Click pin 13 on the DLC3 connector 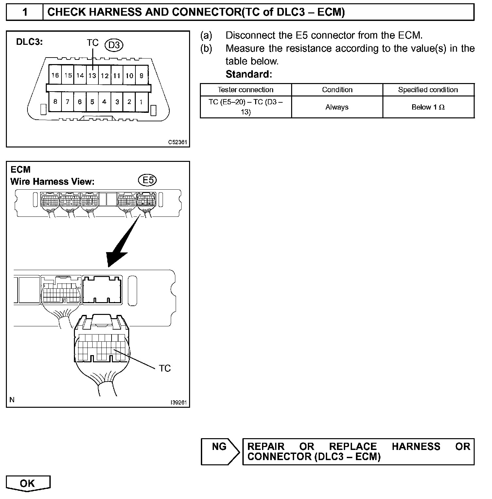(x=92, y=76)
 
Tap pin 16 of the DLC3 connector (x=55, y=76)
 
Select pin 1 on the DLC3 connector (x=141, y=102)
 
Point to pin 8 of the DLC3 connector (x=55, y=102)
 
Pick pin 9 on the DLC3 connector (x=141, y=76)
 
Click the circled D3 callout (x=114, y=45)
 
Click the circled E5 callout (x=148, y=180)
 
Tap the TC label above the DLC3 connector (x=93, y=43)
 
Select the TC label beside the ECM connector (x=165, y=369)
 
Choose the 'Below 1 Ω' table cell (x=428, y=107)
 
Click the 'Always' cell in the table (x=337, y=107)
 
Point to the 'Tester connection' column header (x=246, y=90)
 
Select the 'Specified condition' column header (x=428, y=90)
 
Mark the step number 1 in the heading (x=25, y=12)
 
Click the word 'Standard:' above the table (x=249, y=74)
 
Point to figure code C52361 (x=178, y=142)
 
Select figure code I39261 (x=179, y=403)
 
